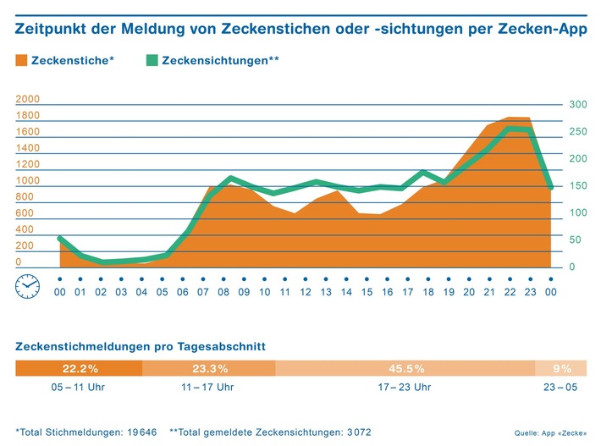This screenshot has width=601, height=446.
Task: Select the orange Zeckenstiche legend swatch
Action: point(21,60)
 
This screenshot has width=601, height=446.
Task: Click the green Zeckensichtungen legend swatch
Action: point(151,60)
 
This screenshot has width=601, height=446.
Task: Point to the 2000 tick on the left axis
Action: point(28,100)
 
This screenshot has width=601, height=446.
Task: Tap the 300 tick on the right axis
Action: point(577,105)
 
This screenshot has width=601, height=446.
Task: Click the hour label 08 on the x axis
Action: point(223,292)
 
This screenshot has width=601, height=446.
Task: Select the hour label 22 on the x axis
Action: point(510,292)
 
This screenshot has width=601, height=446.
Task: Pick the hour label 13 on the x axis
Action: point(326,292)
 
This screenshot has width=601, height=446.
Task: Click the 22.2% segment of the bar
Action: point(79,368)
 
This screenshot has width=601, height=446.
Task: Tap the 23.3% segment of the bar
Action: point(209,368)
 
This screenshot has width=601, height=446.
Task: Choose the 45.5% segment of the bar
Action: point(405,368)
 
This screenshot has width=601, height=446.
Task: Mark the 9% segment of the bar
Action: point(562,368)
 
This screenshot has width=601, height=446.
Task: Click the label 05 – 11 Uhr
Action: point(79,388)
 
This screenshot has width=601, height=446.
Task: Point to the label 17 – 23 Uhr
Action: point(405,388)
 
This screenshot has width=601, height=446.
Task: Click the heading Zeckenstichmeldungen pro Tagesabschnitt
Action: point(141,346)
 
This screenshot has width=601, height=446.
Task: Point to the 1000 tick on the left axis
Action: point(28,181)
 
